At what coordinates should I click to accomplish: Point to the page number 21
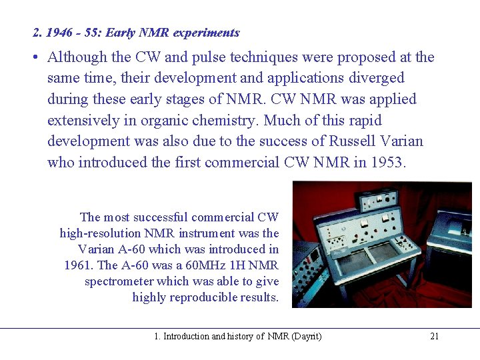(434, 336)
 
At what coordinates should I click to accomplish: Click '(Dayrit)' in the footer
(307, 336)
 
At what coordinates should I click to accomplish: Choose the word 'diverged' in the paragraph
(374, 78)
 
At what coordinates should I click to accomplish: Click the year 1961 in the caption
(77, 265)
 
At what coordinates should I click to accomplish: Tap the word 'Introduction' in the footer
(185, 336)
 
